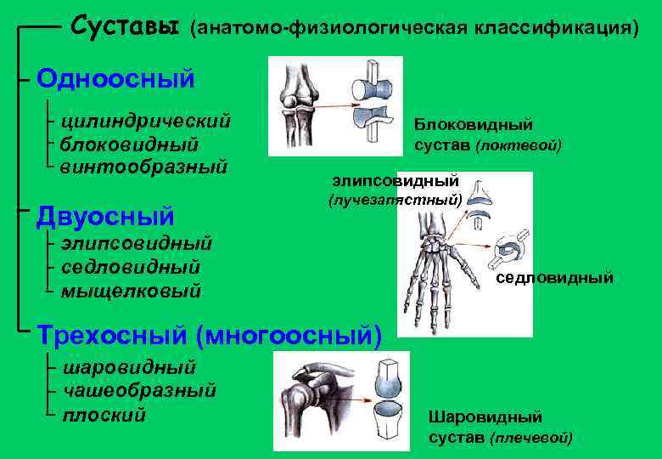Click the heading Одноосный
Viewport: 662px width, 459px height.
point(115,79)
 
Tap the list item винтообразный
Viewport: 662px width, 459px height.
point(143,166)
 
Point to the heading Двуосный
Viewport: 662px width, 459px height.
point(105,215)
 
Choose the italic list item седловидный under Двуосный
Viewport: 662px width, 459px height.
point(131,267)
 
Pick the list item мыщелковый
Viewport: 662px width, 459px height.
point(131,291)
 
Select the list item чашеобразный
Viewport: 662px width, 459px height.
point(139,391)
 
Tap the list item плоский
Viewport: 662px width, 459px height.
point(104,415)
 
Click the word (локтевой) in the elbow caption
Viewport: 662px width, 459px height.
point(519,145)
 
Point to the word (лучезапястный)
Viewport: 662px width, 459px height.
point(395,201)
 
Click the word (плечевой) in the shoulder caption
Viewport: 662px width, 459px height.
point(531,438)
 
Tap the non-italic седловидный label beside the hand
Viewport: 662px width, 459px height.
point(554,278)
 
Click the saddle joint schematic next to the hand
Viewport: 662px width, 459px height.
point(512,248)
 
